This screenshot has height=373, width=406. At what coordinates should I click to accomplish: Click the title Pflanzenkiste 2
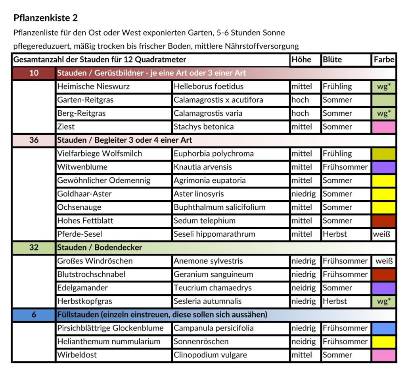(46, 18)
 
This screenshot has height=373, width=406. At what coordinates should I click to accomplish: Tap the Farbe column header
(384, 60)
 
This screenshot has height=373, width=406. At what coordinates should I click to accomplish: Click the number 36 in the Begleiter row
(34, 140)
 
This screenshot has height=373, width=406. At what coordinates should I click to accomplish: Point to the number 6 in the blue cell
(34, 315)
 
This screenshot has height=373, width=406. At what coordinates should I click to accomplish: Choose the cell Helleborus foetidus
(209, 86)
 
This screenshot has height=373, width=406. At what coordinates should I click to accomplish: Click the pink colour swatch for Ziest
(384, 127)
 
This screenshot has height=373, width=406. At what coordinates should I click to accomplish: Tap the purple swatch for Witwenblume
(384, 167)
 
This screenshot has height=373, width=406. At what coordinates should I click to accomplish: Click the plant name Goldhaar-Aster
(84, 194)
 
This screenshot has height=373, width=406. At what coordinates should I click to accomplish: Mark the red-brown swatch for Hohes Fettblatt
(384, 221)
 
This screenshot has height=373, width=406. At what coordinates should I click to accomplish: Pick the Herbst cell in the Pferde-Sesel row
(335, 234)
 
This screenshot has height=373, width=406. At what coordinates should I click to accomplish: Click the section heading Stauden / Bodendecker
(100, 248)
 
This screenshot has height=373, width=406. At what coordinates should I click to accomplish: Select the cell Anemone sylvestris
(208, 261)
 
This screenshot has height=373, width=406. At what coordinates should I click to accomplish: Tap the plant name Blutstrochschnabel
(91, 274)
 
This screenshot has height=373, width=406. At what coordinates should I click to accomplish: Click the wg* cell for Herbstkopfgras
(384, 301)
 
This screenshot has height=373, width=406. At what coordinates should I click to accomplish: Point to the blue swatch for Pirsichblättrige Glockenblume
(384, 328)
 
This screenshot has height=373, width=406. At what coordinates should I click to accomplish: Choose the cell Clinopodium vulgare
(210, 355)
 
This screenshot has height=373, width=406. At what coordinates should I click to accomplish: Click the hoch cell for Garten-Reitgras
(300, 100)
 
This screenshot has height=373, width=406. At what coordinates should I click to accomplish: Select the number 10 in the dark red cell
(34, 73)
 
